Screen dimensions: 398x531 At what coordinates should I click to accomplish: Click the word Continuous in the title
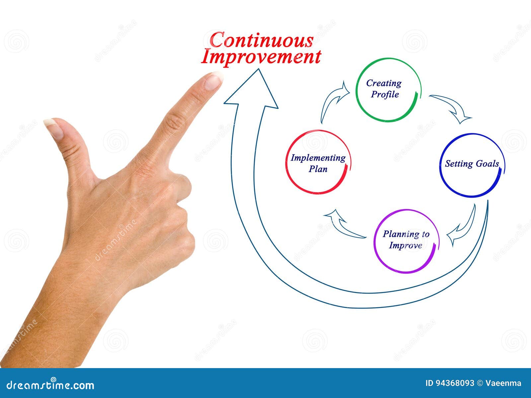point(262,41)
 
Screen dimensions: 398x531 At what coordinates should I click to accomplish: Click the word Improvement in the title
point(261,57)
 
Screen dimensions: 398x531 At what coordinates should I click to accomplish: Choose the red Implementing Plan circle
point(318,163)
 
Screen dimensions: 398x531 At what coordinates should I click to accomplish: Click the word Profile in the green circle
point(385,94)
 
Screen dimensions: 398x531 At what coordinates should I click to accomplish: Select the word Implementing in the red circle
point(318,158)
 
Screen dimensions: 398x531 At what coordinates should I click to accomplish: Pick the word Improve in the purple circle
point(405,246)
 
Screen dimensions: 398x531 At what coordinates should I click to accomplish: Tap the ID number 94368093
point(454,383)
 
